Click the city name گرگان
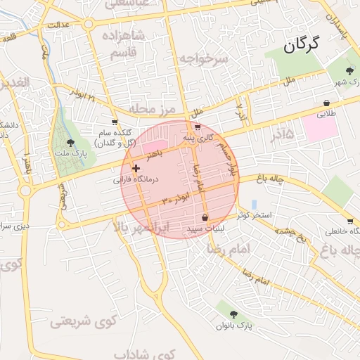[302, 46]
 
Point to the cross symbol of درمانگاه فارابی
[136, 169]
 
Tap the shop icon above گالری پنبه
[197, 128]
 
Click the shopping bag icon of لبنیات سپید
[205, 217]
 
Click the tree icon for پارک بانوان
[234, 314]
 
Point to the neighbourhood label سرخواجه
[203, 59]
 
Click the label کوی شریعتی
[82, 322]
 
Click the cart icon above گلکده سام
[115, 122]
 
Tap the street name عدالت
[58, 25]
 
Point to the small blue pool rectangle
[254, 204]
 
